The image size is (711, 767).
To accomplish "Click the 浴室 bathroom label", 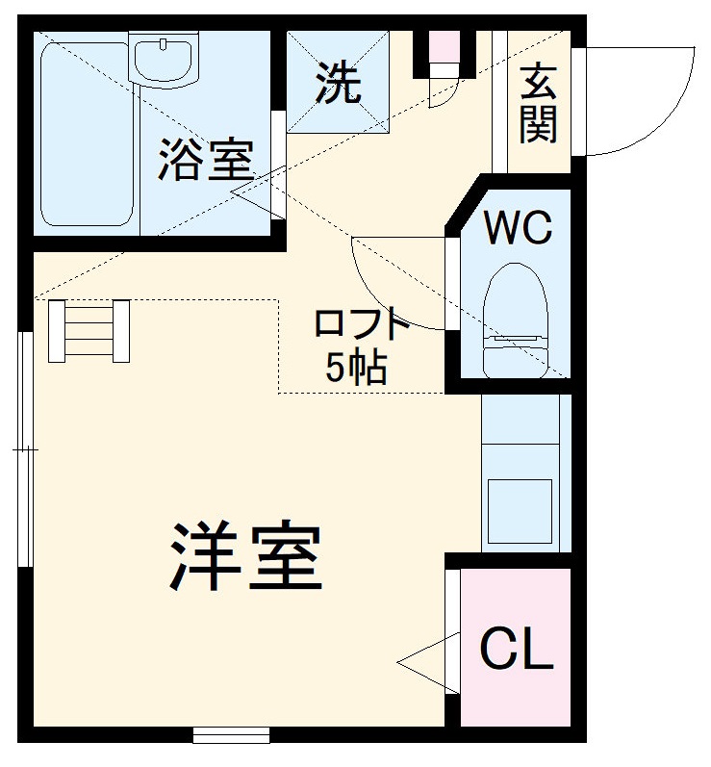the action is (x=206, y=160).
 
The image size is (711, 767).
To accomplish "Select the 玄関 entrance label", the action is (x=539, y=103).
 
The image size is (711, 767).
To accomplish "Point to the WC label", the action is (x=518, y=227).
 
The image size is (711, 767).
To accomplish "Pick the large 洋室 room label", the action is (x=246, y=556).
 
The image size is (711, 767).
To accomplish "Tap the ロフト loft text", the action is (x=362, y=325).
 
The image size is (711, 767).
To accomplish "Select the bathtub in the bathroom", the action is (x=86, y=135).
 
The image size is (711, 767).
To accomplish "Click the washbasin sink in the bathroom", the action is (x=164, y=57).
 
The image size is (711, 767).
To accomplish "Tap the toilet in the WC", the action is (x=516, y=320).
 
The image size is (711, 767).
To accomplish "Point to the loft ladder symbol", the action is (x=89, y=331).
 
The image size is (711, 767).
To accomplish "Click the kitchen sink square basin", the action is (x=520, y=511).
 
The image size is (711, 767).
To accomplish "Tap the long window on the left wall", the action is (x=25, y=449).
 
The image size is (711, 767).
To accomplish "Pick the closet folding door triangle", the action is (x=428, y=663).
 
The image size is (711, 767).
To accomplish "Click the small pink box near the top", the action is (x=444, y=46).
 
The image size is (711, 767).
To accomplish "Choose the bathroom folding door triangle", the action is (x=258, y=192).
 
